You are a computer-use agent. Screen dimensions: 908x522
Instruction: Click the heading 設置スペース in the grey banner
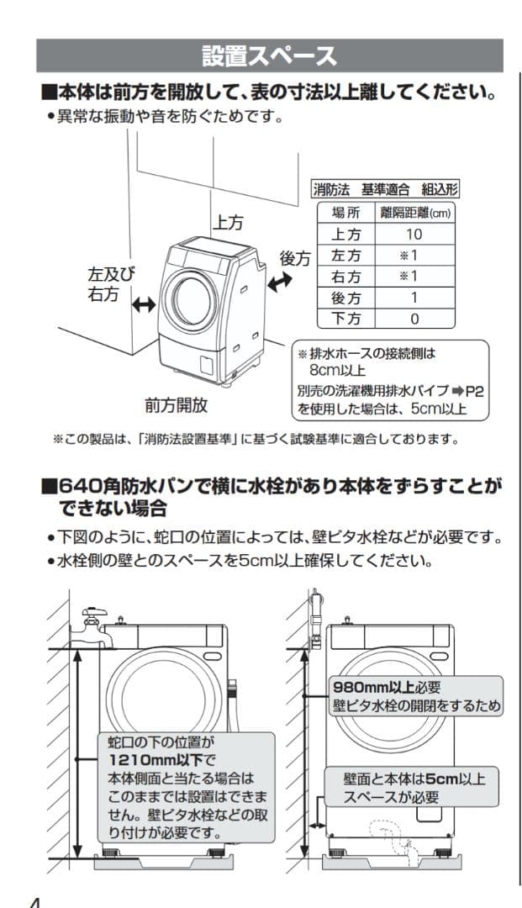click(269, 56)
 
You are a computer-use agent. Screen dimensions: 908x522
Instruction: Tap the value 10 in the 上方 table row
click(414, 235)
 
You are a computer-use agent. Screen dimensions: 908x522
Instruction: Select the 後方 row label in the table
click(346, 298)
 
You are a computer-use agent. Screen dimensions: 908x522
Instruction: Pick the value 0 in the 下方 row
click(414, 319)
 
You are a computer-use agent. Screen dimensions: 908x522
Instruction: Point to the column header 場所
click(346, 213)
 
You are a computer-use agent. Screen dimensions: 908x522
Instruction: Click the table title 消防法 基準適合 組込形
click(385, 189)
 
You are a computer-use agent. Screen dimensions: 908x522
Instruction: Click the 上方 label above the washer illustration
click(228, 222)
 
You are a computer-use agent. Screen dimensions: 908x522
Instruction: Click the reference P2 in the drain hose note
click(475, 391)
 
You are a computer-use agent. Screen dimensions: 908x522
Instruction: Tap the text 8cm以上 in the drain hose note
click(335, 370)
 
